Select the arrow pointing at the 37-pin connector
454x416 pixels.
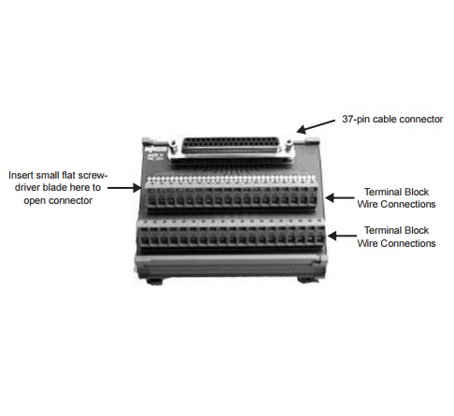click(x=316, y=126)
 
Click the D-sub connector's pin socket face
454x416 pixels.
click(x=230, y=145)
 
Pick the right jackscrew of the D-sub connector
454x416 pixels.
click(x=289, y=145)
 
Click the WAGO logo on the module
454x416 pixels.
click(x=156, y=149)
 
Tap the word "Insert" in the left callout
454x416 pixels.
click(x=21, y=175)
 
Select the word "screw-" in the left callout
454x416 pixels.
click(x=92, y=175)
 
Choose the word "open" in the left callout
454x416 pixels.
click(x=34, y=201)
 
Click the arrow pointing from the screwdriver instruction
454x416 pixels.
click(x=124, y=188)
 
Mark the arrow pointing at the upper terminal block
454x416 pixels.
click(x=339, y=197)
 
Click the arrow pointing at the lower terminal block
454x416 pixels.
click(x=342, y=236)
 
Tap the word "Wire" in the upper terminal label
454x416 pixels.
click(x=367, y=204)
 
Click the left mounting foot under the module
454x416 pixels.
click(x=155, y=281)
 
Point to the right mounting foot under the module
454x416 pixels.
click(x=306, y=280)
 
